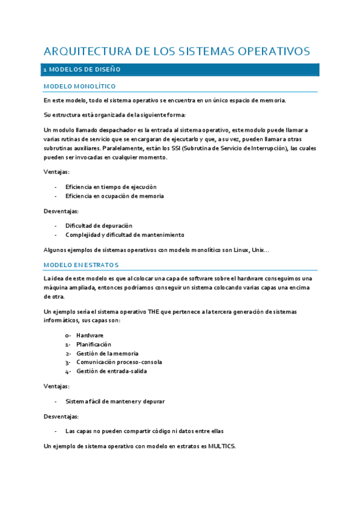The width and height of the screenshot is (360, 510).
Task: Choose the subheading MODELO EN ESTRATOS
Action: (81, 265)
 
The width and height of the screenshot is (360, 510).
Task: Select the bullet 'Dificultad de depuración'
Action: (99, 226)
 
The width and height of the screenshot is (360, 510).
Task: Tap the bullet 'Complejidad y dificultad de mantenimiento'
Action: (124, 235)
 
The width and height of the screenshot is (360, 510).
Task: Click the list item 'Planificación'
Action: (93, 345)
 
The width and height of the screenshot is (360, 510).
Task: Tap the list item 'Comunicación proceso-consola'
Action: (118, 362)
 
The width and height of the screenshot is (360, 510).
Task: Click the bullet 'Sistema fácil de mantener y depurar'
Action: (115, 401)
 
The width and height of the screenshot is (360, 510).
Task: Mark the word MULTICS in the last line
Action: (222, 446)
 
